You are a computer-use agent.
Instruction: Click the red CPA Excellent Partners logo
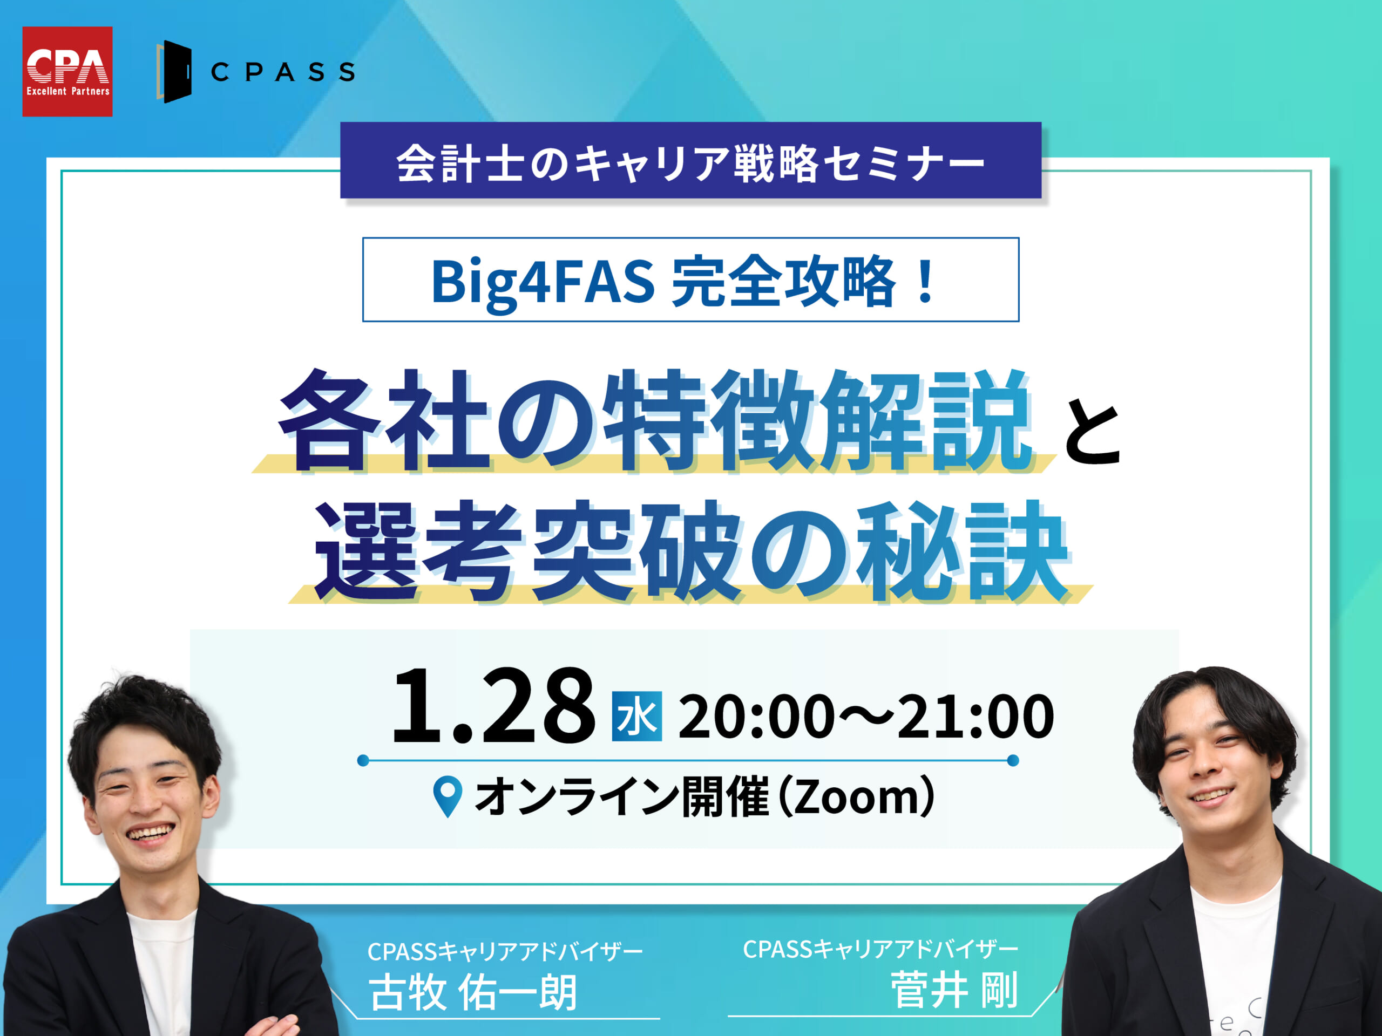[67, 71]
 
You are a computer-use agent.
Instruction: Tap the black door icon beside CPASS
[174, 72]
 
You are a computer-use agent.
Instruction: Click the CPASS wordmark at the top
[283, 72]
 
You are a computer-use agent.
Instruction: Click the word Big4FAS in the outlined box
[543, 282]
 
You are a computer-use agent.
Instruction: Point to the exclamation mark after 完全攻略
[926, 282]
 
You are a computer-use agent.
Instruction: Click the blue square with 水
[636, 716]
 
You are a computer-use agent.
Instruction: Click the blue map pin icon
[448, 796]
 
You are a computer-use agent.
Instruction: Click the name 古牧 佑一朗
[473, 993]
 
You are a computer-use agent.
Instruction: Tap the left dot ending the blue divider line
[363, 760]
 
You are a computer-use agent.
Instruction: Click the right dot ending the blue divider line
[1013, 760]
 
